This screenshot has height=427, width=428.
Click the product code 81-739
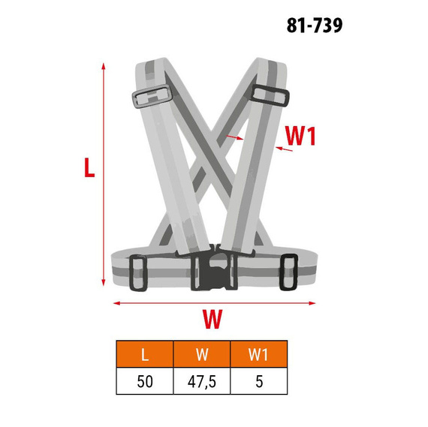click(x=315, y=26)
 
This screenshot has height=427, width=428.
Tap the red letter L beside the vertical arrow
click(x=89, y=167)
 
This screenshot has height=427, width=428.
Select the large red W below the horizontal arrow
click(x=212, y=319)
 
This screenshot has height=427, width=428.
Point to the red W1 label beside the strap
click(x=300, y=136)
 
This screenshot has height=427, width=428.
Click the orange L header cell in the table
click(x=145, y=354)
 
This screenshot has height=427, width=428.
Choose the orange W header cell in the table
click(x=202, y=354)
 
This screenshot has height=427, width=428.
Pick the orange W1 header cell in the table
click(x=259, y=354)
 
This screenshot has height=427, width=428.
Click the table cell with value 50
click(x=145, y=381)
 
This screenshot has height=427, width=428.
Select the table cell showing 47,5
click(x=202, y=381)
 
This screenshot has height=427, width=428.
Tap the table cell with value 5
click(x=259, y=381)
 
